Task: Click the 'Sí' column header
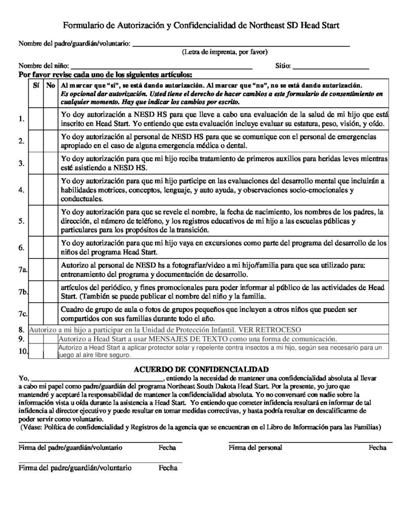36,86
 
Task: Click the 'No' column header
50,86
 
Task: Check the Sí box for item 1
37,118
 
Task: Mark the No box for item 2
50,141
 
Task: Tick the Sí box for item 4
37,190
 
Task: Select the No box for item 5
50,220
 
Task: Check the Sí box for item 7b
37,292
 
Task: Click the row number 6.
21,247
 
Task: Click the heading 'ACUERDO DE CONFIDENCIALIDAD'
201,369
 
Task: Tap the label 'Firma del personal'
255,447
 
